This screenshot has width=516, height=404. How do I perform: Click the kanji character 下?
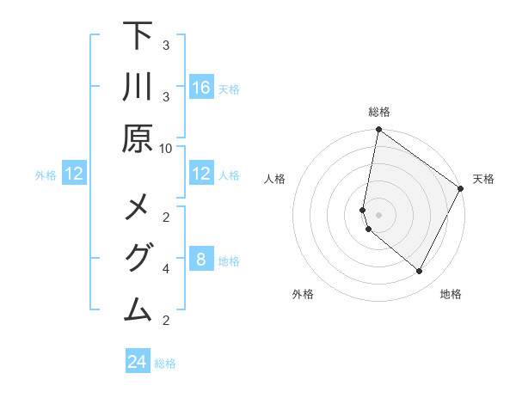(138, 36)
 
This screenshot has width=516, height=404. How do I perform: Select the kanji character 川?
(138, 88)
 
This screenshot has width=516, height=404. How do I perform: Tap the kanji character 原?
(138, 138)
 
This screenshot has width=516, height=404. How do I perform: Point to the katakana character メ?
(138, 209)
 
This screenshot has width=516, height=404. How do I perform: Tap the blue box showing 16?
(200, 88)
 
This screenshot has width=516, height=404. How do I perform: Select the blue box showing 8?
(200, 260)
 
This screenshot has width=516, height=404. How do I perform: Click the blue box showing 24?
(138, 362)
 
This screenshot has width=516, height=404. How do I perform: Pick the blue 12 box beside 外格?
(74, 174)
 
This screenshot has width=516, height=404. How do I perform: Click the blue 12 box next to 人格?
(200, 174)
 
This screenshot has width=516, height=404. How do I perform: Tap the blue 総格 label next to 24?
(165, 364)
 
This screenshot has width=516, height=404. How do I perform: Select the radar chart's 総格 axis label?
(379, 113)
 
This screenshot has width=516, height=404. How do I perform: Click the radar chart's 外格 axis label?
(303, 294)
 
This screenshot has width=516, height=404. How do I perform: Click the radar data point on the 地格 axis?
(420, 272)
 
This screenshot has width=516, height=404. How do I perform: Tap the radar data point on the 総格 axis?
(378, 131)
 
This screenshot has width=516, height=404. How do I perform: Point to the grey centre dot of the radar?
(378, 215)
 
